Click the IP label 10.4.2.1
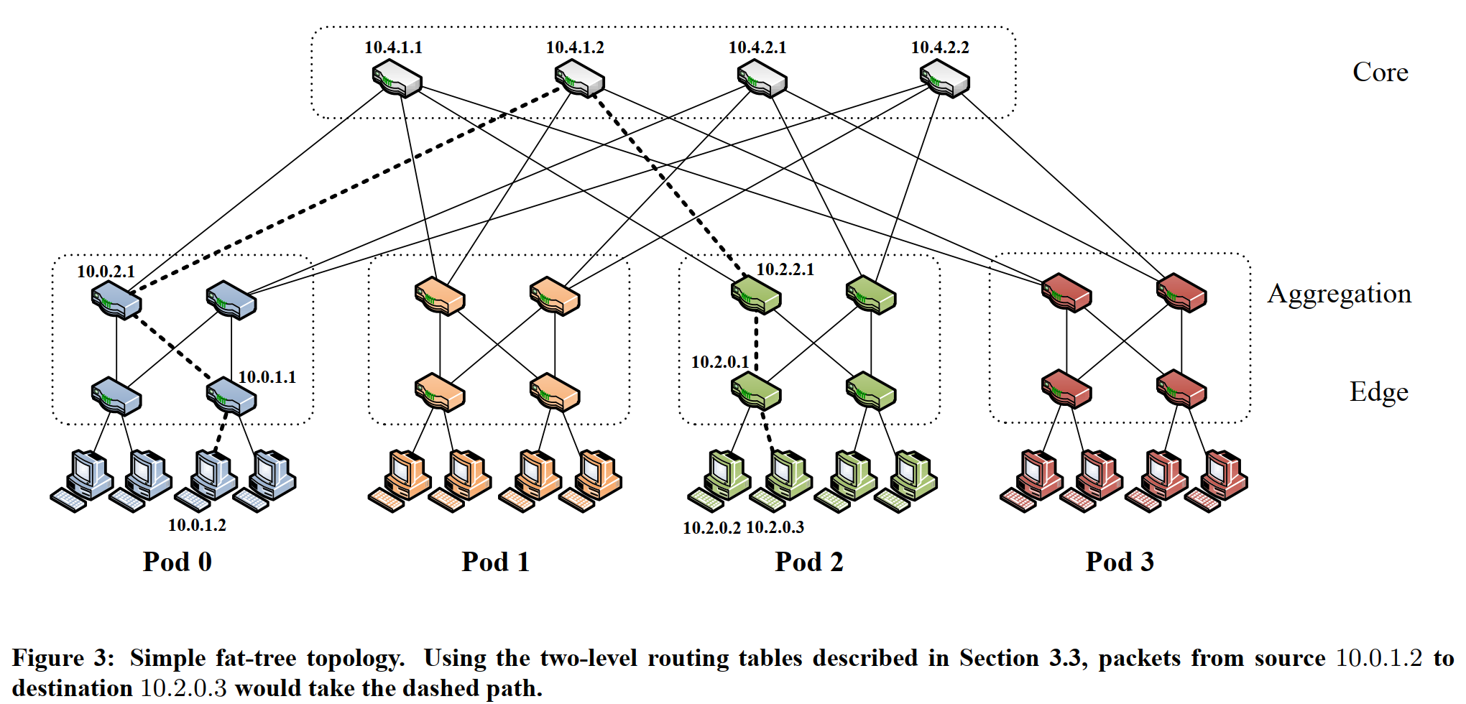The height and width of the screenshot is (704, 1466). [x=757, y=47]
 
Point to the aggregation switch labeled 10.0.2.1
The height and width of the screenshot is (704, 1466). [x=116, y=300]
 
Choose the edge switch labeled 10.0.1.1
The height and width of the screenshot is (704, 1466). [x=231, y=396]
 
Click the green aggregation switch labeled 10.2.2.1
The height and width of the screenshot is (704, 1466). [x=755, y=295]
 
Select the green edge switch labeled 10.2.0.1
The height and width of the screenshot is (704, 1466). [x=755, y=392]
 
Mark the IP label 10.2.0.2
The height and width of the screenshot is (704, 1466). [x=711, y=528]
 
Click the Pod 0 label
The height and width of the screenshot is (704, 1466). [x=177, y=562]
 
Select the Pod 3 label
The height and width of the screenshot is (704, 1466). [x=1119, y=562]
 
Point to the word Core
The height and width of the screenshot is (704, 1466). [x=1380, y=72]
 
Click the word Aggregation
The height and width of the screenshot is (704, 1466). [x=1339, y=294]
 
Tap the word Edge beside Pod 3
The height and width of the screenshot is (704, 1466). [x=1378, y=392]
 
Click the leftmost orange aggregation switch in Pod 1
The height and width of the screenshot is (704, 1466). [x=439, y=296]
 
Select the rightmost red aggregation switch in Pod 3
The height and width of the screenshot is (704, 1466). [x=1181, y=292]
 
